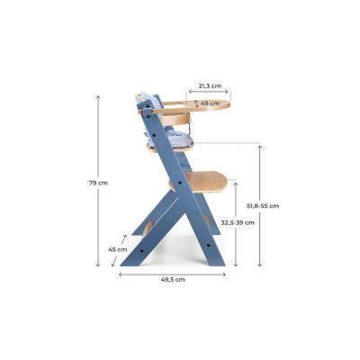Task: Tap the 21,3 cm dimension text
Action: [209, 86]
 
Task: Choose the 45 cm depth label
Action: [116, 249]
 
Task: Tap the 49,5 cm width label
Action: [173, 280]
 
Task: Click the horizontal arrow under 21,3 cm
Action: [209, 93]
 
